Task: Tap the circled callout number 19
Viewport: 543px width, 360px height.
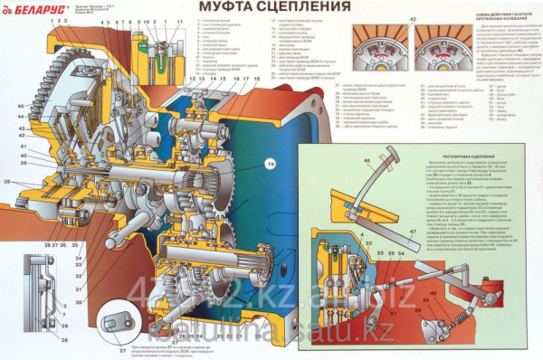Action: tap(270, 164)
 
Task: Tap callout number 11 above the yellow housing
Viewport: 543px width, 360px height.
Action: tap(179, 20)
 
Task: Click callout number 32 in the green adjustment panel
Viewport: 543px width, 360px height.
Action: tap(353, 252)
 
